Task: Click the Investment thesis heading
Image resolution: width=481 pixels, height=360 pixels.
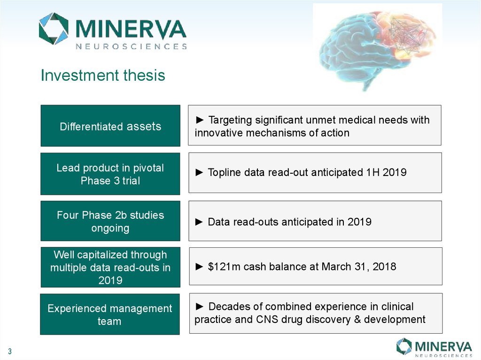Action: [x=103, y=76]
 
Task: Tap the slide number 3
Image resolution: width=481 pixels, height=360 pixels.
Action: [x=10, y=352]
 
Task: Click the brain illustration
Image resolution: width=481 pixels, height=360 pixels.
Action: [x=377, y=47]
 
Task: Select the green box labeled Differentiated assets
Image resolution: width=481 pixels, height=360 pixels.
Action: [x=110, y=126]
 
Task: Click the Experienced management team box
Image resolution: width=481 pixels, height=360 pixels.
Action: [x=110, y=314]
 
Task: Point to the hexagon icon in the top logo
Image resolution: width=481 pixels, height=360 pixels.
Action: [x=54, y=29]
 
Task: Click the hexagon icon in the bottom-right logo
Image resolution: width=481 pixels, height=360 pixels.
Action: [x=404, y=346]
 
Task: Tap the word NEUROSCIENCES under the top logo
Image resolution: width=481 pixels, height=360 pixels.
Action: [x=132, y=46]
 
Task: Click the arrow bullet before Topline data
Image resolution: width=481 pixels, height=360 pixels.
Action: [x=199, y=172]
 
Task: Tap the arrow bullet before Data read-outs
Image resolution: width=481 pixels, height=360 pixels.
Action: [x=199, y=222]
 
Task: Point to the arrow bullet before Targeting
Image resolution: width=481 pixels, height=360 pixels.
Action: [x=200, y=120]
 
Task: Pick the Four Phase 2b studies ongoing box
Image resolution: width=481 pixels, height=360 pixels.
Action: [x=110, y=221]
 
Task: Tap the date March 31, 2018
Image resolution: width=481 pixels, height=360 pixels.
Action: [x=359, y=267]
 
